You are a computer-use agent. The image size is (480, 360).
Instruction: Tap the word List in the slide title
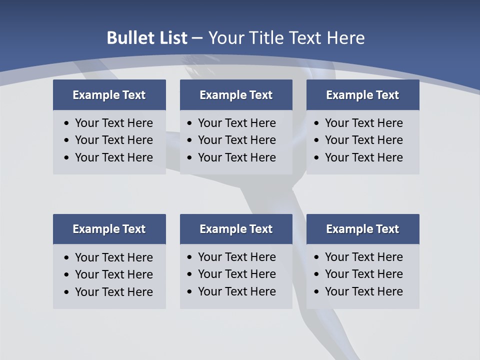171,38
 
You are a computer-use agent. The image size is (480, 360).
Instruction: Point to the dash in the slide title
197,38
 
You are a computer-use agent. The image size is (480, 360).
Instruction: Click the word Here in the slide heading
345,38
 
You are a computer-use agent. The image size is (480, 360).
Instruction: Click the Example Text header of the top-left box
109,95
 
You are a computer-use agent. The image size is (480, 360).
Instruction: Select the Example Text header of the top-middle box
236,95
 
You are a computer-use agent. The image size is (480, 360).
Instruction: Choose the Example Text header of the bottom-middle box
236,229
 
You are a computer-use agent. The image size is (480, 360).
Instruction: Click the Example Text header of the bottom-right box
362,229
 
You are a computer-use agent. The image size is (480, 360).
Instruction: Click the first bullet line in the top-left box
113,123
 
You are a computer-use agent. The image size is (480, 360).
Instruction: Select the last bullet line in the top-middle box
236,157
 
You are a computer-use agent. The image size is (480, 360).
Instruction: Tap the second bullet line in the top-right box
363,140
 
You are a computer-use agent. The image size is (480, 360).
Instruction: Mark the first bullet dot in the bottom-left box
67,258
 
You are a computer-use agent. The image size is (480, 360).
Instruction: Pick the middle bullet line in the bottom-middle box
236,274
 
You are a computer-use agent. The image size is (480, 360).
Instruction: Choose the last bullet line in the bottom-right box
363,291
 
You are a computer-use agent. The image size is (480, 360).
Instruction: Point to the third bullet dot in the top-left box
67,158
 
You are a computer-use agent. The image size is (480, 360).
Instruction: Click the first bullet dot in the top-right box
316,123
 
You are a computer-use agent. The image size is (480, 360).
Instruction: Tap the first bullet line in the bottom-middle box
236,257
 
